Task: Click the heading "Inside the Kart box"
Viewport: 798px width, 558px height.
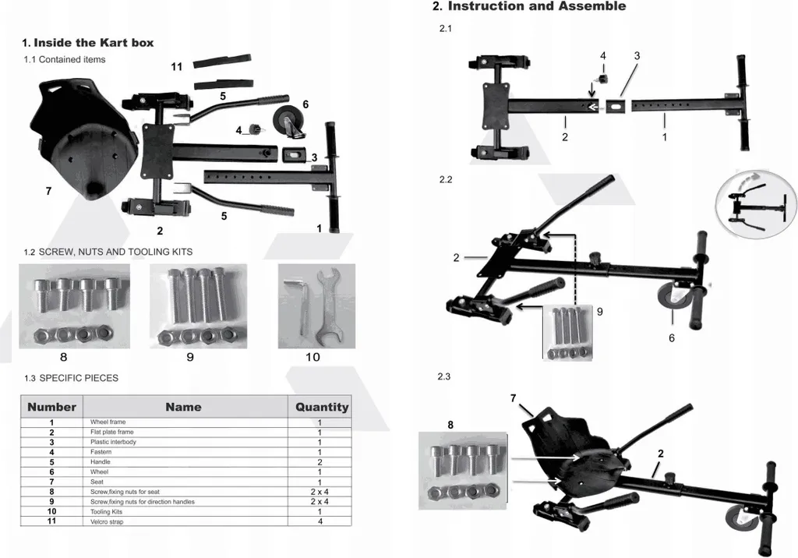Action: (x=87, y=43)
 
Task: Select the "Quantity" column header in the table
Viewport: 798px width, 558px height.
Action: (x=321, y=407)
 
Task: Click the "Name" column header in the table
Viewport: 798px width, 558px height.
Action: (x=183, y=407)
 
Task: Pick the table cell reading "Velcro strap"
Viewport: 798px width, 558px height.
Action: (x=107, y=522)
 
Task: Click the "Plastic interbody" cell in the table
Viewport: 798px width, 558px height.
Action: (x=113, y=442)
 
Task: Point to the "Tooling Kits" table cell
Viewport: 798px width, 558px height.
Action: (x=107, y=512)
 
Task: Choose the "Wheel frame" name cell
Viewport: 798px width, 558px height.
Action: (x=108, y=422)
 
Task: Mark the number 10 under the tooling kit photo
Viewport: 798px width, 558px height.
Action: (x=312, y=357)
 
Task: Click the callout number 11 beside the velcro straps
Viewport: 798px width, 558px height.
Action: (x=177, y=67)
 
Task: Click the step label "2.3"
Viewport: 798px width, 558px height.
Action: (x=445, y=376)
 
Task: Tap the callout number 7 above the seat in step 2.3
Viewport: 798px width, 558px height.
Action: (x=513, y=398)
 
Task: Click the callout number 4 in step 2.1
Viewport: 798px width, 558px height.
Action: (x=602, y=56)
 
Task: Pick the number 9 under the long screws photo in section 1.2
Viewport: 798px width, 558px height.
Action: (x=190, y=357)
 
